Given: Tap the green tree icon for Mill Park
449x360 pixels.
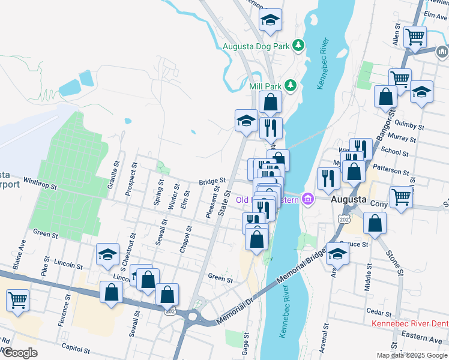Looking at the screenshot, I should (x=291, y=85).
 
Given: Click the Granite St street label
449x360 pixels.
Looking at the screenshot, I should (x=113, y=175).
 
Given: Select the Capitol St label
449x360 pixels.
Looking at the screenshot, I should (x=77, y=348).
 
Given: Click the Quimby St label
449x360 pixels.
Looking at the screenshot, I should (x=411, y=127).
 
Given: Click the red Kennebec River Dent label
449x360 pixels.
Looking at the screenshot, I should (x=410, y=324).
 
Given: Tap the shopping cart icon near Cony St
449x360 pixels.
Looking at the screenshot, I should (x=401, y=196).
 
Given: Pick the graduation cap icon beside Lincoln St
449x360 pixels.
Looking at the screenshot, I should (x=107, y=254).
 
